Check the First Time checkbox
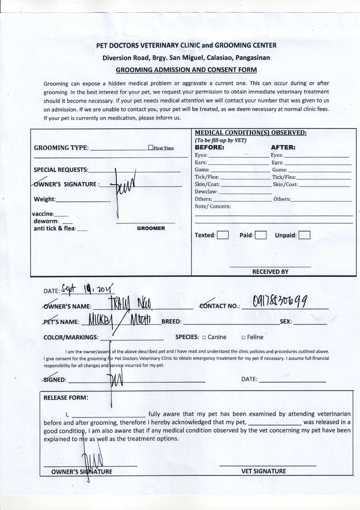click(150, 148)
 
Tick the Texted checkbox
click(223, 235)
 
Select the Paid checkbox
click(261, 235)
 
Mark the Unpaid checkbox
click(305, 235)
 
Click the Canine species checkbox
click(204, 337)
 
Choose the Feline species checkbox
click(243, 337)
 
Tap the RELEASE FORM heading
click(66, 397)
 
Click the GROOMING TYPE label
click(61, 148)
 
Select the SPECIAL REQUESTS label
click(61, 170)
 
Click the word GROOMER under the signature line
click(151, 228)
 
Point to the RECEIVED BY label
click(270, 272)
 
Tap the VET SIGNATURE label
click(264, 471)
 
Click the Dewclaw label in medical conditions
click(206, 192)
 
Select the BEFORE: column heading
click(209, 147)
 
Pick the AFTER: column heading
click(283, 147)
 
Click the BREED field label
click(171, 322)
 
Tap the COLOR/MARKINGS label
click(71, 337)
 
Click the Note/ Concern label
click(213, 206)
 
